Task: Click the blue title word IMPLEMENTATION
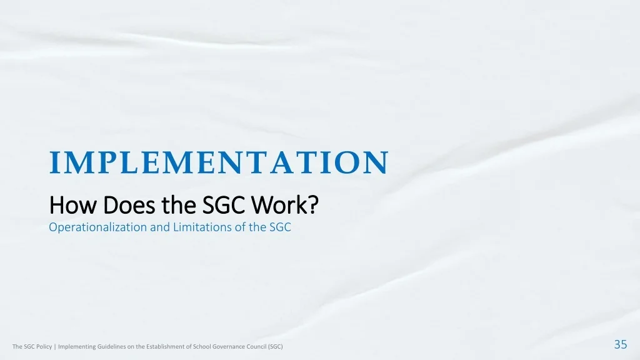point(218,162)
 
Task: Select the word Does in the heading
point(129,205)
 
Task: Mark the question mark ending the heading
point(314,205)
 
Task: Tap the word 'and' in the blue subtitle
point(159,227)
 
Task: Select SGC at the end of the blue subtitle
point(280,227)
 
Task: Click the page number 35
point(621,344)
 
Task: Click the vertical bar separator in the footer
point(55,346)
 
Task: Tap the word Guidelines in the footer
point(107,346)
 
